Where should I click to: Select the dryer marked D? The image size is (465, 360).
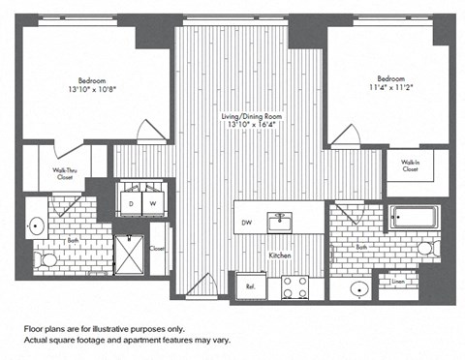click(131, 203)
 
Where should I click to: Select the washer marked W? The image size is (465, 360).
click(152, 203)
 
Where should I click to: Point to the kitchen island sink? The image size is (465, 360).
click(280, 221)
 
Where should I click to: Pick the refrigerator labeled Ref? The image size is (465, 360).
click(249, 286)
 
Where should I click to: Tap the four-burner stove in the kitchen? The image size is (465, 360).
click(294, 286)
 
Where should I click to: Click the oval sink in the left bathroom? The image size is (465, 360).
click(37, 226)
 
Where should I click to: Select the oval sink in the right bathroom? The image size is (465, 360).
click(359, 287)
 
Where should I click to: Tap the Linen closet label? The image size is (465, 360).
click(398, 283)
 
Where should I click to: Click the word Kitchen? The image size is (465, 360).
click(280, 255)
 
